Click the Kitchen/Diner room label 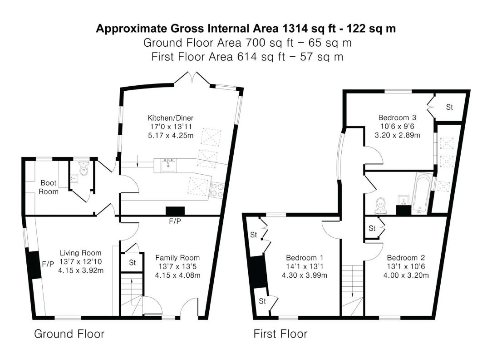pos(170,118)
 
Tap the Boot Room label pos(49,187)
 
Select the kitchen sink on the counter pos(168,165)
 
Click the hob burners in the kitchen pos(217,191)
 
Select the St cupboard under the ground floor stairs pos(133,263)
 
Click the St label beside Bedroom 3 pos(449,107)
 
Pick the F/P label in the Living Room pos(48,264)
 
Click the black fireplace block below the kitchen pos(175,211)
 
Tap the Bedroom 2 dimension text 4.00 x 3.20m pos(406,275)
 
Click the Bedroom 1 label pos(305,258)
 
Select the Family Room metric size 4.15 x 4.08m pos(177,275)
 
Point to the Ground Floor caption pos(69,334)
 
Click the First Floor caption pos(280,334)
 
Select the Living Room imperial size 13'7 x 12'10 pos(80,261)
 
